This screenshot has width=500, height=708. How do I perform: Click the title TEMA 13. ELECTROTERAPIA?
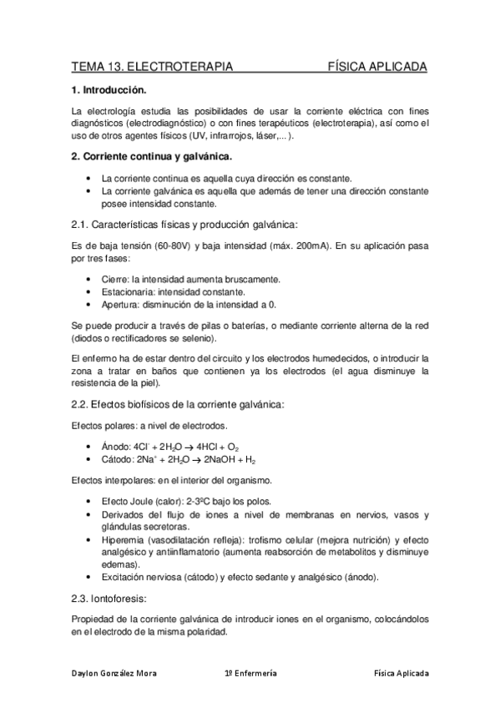(151, 66)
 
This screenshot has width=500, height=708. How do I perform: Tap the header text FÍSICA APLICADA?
(377, 66)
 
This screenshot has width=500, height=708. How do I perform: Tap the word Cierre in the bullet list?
(114, 279)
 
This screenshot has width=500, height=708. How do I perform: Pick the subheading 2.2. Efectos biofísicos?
(178, 405)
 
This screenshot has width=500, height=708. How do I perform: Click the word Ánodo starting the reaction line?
(116, 447)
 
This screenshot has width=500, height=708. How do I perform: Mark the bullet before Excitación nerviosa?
(90, 577)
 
